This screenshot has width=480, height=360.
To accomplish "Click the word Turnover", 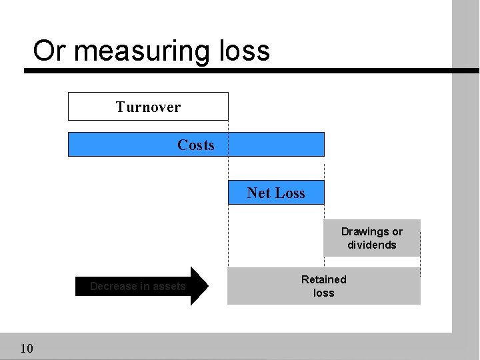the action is coord(148,107).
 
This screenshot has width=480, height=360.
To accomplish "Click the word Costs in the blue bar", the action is coord(196,145).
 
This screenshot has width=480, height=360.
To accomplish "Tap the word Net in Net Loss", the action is coord(259,193).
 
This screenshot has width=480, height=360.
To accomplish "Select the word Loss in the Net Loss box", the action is coord(290,193).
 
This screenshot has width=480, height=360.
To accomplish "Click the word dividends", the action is coord(372,245).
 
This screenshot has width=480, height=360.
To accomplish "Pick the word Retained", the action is coord(324,279).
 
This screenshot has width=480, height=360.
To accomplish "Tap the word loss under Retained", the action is coord(324,293).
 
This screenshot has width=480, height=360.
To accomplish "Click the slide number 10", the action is coord(27,348).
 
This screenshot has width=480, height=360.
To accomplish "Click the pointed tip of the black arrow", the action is coord(207,286).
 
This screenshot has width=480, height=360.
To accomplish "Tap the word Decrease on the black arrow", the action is coord(113,286).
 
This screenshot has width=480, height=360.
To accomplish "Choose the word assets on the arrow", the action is coord(169,286).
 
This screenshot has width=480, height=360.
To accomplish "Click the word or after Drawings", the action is coord(397,232).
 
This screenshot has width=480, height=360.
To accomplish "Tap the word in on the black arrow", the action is coord(144,286).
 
